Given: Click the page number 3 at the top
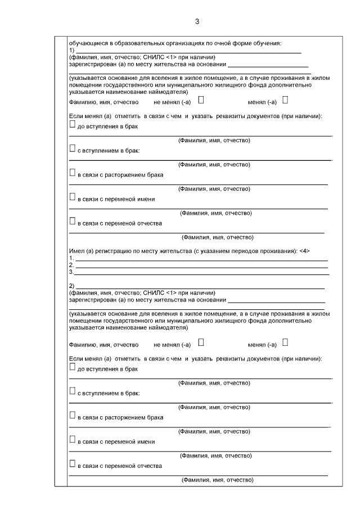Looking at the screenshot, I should click(x=197, y=21).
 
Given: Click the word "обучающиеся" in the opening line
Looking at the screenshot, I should click(x=85, y=43).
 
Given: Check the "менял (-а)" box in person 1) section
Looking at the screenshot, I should click(x=285, y=100).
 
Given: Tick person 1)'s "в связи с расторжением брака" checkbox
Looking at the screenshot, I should click(x=72, y=173).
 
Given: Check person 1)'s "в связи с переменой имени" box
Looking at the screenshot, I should click(x=72, y=197).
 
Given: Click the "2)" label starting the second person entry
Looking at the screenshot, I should click(x=71, y=286).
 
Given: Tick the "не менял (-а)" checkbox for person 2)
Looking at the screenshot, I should click(x=201, y=341).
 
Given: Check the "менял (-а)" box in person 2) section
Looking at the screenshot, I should click(x=285, y=341).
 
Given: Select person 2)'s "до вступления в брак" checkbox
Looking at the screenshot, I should click(x=72, y=366).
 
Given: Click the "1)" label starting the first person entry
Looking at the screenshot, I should click(x=71, y=50).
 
